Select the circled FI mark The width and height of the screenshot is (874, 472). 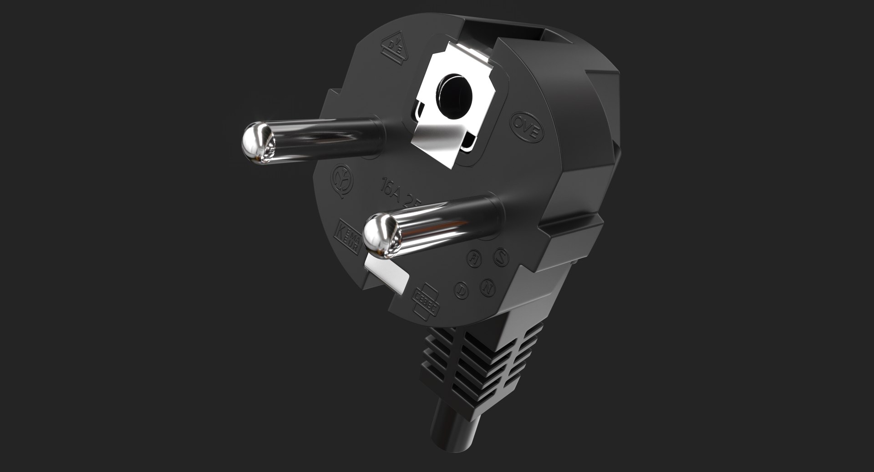click(474, 258)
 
